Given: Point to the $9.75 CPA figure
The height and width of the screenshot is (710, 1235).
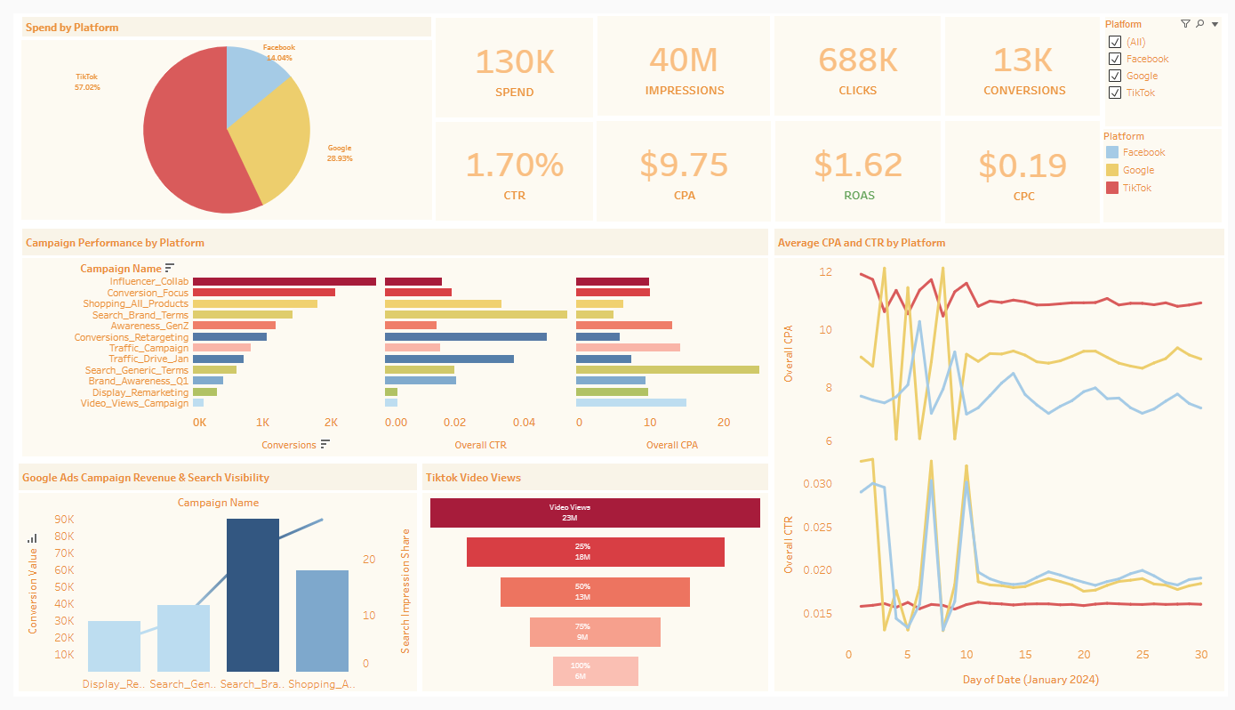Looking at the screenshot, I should pos(683,165).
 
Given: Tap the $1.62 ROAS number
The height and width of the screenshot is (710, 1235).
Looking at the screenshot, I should pos(858,165).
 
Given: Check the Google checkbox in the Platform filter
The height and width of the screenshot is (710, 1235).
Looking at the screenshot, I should pos(1115,76).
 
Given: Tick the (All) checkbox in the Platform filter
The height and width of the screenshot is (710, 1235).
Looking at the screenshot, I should pos(1115,42).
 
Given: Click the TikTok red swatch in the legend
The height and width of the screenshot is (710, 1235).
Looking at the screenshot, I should pos(1111,188).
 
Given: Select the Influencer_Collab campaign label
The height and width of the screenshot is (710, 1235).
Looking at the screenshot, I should pos(148,281).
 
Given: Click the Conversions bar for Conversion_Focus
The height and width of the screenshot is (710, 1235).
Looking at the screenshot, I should pos(263,293).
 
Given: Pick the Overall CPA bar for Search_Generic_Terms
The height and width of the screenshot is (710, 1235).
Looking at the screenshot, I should pos(667,369).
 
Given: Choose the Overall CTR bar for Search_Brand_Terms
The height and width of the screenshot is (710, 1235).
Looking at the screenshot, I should pos(476,314).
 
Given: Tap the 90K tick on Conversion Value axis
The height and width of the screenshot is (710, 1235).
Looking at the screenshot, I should pos(64,520).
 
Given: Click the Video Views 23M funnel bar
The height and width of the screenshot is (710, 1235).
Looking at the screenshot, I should pos(595,512).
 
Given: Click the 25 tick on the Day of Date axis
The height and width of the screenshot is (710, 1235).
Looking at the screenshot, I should pos(1143,654).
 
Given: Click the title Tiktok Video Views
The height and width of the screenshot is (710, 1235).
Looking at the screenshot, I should pos(473,478).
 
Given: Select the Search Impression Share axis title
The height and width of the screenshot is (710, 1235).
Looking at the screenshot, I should pos(405,591).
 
